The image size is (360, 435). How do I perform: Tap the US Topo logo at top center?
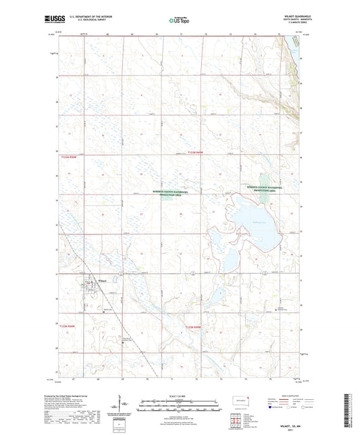178,20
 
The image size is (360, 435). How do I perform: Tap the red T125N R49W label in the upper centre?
195,154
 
